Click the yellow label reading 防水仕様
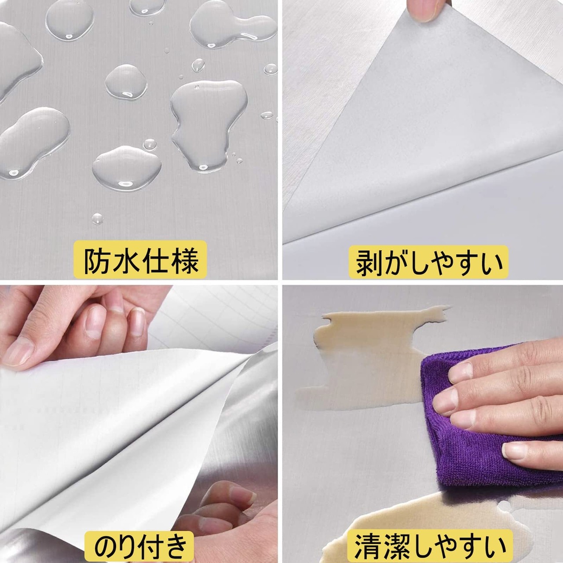(x=140, y=260)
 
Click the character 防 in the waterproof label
(x=96, y=260)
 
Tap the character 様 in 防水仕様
(x=185, y=260)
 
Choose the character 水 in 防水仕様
(x=125, y=260)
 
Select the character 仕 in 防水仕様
(x=155, y=260)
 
